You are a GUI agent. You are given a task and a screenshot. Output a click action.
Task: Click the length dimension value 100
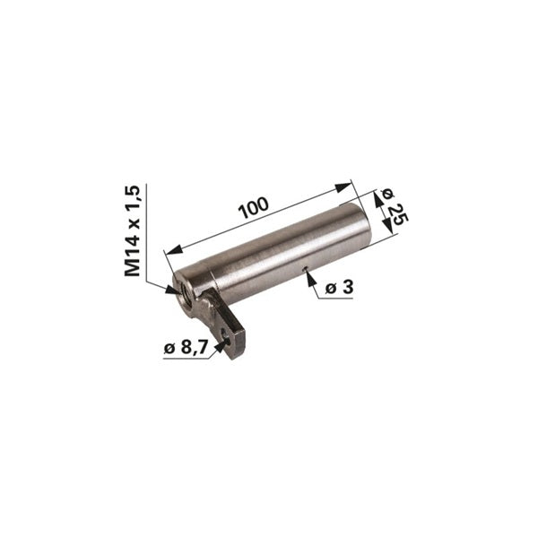(255, 207)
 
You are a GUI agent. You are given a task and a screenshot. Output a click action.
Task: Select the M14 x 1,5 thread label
(133, 230)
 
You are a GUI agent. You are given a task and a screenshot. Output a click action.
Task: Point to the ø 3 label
(339, 287)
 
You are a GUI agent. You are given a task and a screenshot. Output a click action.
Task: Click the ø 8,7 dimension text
(186, 348)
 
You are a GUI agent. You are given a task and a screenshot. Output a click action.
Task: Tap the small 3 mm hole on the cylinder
(304, 269)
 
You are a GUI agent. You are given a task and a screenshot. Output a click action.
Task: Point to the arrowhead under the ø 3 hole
(310, 278)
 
